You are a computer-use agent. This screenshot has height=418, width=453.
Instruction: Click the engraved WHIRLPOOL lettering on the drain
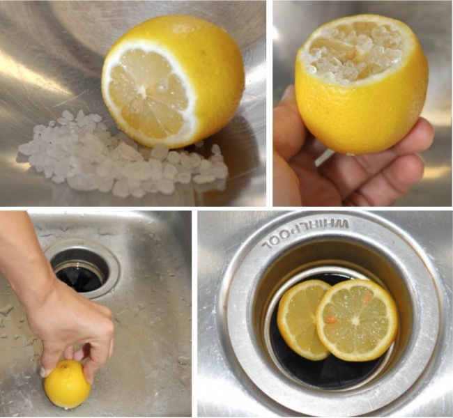305,234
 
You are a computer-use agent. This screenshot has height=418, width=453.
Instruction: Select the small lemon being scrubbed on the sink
68,384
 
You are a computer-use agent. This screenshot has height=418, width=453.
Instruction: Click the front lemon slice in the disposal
357,318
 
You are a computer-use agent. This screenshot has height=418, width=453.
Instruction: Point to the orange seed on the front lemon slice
331,320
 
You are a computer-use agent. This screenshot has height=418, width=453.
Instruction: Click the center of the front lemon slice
356,320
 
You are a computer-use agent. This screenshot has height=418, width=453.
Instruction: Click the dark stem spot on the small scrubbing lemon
64,366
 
